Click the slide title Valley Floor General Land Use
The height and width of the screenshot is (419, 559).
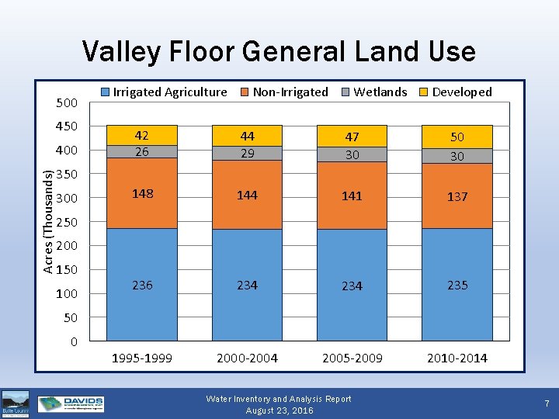(279, 51)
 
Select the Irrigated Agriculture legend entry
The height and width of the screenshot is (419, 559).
(164, 92)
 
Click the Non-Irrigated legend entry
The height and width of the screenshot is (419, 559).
(283, 92)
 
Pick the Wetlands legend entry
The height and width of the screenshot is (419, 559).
(373, 92)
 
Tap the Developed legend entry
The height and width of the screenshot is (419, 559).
(456, 92)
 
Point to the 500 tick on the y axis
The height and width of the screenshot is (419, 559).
(67, 103)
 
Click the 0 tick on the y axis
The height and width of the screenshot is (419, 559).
(73, 341)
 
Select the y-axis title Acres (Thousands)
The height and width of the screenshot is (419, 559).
(49, 221)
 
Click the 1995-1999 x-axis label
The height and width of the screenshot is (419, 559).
(142, 358)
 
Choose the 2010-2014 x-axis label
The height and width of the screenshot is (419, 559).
(457, 358)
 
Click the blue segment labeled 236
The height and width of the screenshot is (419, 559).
(142, 285)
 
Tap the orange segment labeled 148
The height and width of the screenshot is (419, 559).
(142, 193)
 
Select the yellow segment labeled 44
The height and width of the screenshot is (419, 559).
(247, 135)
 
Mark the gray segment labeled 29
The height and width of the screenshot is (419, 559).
(247, 154)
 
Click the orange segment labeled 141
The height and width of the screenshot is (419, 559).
(352, 196)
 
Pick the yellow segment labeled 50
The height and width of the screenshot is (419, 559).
(457, 137)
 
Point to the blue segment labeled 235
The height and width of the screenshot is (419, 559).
(457, 285)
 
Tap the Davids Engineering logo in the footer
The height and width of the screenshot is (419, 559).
(71, 404)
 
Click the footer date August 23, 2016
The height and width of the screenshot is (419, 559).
(279, 410)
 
